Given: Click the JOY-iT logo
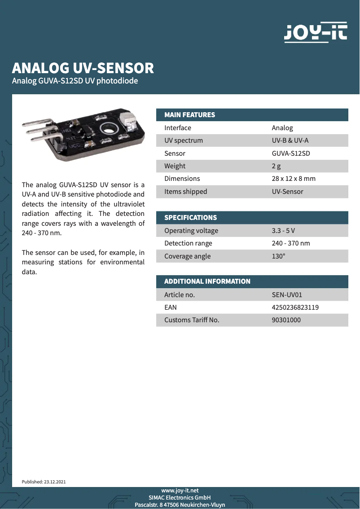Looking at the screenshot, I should click(316, 33).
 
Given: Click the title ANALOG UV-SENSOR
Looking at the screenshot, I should click(83, 68).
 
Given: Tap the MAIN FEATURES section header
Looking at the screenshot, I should click(189, 115).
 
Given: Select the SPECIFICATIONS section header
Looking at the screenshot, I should click(190, 218).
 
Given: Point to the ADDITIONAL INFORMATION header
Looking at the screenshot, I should click(207, 281).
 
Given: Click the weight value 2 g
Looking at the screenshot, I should click(276, 166).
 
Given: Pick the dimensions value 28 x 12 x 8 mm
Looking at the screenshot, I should click(294, 179).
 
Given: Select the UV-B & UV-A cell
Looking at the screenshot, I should click(290, 140).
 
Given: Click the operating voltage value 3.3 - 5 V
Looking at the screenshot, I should click(283, 231).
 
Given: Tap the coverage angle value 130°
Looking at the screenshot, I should click(278, 256).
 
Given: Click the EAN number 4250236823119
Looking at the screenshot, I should click(295, 307).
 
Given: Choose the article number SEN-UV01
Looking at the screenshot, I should click(287, 295).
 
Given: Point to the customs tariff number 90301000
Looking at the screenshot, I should click(286, 320).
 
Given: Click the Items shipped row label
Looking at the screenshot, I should click(185, 192).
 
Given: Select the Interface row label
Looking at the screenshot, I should click(177, 128).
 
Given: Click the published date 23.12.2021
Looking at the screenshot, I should click(55, 482).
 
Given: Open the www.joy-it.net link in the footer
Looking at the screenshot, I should click(180, 491).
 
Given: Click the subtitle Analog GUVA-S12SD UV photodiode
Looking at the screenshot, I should click(75, 81).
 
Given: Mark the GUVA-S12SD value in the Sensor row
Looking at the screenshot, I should click(291, 154).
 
